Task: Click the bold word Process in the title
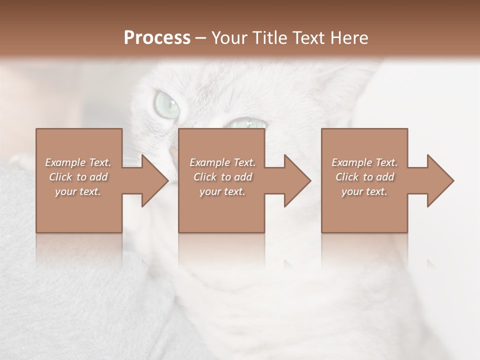[x=157, y=38]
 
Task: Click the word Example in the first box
[x=65, y=162]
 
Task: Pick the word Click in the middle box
[x=205, y=177]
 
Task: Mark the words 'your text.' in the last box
[x=364, y=191]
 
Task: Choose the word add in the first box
[x=98, y=177]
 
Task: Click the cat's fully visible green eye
[x=167, y=103]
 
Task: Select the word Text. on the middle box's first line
[x=243, y=162]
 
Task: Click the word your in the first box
[x=65, y=191]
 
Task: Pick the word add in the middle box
[x=243, y=177]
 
